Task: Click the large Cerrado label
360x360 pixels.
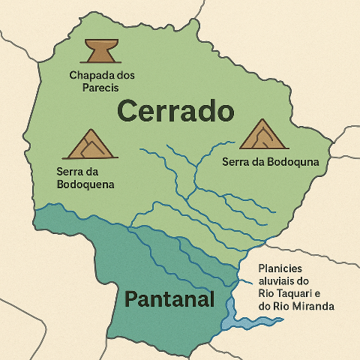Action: click(x=176, y=111)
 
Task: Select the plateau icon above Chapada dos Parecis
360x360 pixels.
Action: click(x=101, y=51)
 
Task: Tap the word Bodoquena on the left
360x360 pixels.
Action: click(x=85, y=184)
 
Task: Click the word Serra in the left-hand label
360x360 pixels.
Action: click(x=72, y=172)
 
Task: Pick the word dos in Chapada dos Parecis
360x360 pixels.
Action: click(x=124, y=76)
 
